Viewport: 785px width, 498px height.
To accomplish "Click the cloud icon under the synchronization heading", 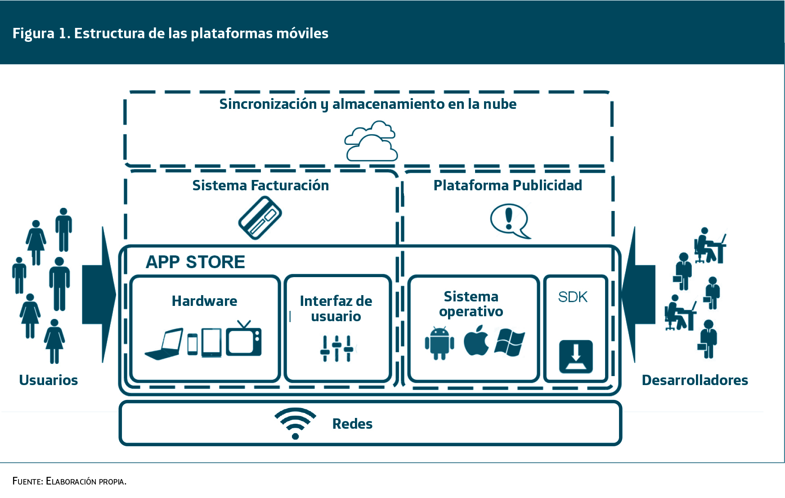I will click(x=371, y=141).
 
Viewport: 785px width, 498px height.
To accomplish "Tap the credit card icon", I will click(x=260, y=218).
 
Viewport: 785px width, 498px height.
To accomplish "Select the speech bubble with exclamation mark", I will click(x=510, y=220).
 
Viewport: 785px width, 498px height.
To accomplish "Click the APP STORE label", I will click(x=195, y=262).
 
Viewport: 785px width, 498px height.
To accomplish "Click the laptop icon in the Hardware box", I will click(x=164, y=344).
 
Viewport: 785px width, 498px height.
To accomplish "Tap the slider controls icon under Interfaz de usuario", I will click(x=336, y=348).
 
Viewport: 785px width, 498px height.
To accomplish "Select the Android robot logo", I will click(x=439, y=343).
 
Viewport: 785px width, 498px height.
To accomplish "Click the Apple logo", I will click(x=476, y=341).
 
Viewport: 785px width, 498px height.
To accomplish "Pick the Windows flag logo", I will click(x=510, y=342).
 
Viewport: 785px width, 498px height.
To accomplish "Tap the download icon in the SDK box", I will click(x=576, y=357).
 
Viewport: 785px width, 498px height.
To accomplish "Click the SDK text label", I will click(x=573, y=297).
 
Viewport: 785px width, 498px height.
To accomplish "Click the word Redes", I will click(x=352, y=424).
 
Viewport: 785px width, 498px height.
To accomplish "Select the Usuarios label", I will click(x=49, y=380).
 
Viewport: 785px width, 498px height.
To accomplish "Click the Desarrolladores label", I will click(x=695, y=380).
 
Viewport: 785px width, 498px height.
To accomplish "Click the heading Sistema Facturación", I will click(x=260, y=185).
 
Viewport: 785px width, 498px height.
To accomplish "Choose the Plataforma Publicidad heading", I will click(x=507, y=185).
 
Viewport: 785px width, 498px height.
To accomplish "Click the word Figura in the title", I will click(x=33, y=33).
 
